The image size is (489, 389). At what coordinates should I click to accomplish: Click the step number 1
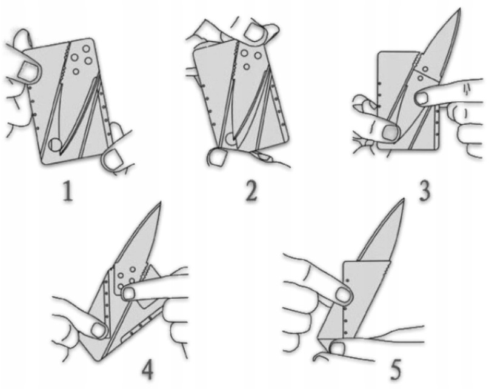click(68, 191)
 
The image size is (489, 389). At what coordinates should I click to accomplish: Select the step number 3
click(424, 191)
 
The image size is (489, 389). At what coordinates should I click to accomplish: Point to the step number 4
click(147, 369)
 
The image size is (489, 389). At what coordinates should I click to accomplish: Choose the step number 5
click(395, 369)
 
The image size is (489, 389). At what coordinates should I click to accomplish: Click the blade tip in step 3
click(459, 9)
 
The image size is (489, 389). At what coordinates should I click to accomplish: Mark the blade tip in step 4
click(160, 203)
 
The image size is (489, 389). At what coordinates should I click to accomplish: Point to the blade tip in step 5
click(403, 199)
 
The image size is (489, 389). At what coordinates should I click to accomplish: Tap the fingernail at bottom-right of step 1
click(113, 159)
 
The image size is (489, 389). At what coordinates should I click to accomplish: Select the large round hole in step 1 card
click(56, 145)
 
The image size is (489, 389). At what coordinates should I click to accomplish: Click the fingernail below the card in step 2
click(216, 157)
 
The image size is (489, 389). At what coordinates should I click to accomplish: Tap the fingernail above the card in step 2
click(254, 30)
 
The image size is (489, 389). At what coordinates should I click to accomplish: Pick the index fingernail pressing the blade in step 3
click(423, 98)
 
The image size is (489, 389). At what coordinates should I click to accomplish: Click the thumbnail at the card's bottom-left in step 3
click(390, 132)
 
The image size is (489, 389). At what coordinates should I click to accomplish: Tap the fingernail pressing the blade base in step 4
click(129, 293)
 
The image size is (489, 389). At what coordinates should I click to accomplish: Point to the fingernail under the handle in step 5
click(338, 348)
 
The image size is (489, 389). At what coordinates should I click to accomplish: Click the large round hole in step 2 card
click(231, 138)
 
